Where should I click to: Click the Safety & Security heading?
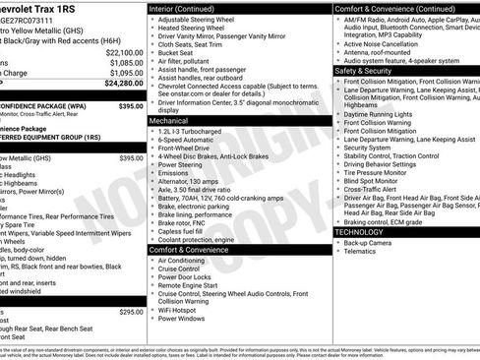point(370,71)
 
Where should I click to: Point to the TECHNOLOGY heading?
point(364,232)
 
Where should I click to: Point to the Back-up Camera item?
point(367,243)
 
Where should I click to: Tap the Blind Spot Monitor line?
point(371,181)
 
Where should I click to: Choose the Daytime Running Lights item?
point(379,114)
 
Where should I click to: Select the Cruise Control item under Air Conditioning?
point(186,269)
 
